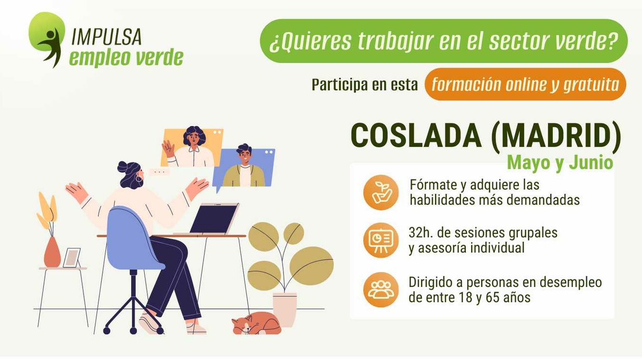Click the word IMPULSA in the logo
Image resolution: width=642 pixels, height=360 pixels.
tap(106, 36)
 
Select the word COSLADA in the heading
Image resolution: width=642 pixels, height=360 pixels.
tap(416, 136)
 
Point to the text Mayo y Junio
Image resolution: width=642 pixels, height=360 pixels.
tap(560, 163)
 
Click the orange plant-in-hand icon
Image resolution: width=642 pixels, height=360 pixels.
tap(381, 192)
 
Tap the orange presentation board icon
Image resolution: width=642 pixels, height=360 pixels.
tap(381, 240)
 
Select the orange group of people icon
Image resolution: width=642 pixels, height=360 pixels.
tap(381, 289)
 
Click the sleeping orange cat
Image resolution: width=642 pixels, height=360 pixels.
tap(257, 324)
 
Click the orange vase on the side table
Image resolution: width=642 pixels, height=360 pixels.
tap(52, 252)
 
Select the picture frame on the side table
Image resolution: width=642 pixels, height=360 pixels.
tap(72, 258)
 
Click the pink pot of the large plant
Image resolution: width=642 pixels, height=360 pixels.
tap(284, 309)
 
